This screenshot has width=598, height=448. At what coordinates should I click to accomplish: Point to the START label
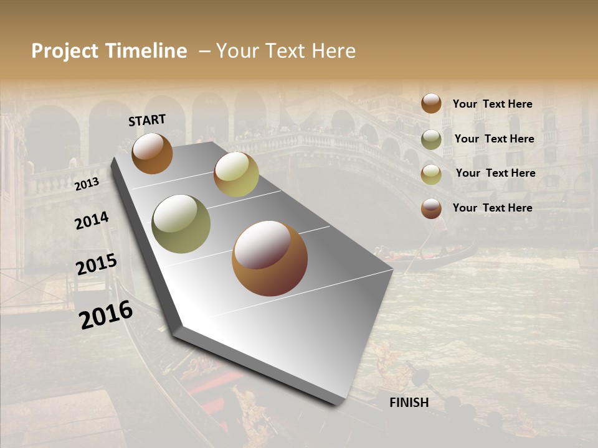click(147, 120)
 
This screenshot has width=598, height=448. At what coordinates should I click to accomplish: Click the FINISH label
click(409, 403)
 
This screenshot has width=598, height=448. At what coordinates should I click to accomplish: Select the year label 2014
click(92, 221)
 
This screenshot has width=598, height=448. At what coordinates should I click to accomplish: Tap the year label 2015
click(96, 265)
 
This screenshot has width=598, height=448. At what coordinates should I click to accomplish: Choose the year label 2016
click(106, 315)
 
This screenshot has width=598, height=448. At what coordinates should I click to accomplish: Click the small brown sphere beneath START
click(152, 153)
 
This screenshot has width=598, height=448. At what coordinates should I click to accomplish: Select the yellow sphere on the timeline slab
click(236, 174)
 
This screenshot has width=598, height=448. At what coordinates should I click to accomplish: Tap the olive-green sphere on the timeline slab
click(181, 224)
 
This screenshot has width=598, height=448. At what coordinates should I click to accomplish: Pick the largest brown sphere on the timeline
click(270, 258)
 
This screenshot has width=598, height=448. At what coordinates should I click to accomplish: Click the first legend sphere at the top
click(431, 103)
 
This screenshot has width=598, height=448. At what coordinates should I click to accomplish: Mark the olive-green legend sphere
click(431, 139)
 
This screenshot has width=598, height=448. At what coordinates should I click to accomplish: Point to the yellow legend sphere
click(431, 174)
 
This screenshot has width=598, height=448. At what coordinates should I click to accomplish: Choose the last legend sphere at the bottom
click(431, 208)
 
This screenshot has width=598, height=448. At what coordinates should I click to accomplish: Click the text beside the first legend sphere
click(493, 104)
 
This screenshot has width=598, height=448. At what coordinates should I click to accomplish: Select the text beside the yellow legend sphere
click(496, 173)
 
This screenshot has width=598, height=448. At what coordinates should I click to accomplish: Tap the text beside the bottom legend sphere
click(493, 208)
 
